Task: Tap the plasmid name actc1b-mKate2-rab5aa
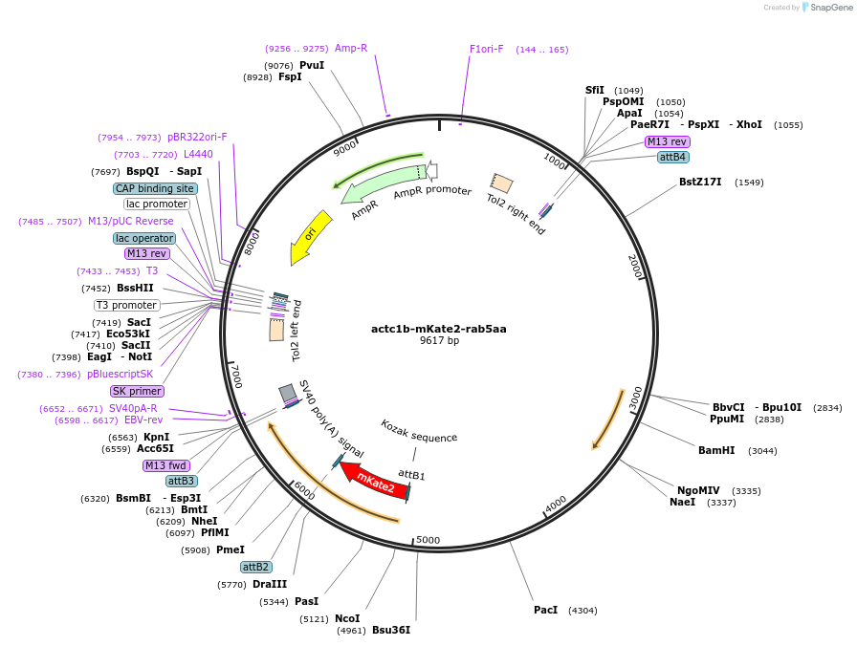439,329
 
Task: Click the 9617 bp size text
439,341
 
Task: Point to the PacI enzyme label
545,610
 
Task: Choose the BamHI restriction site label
716,450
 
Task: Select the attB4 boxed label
673,157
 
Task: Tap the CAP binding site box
155,188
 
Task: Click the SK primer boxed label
137,391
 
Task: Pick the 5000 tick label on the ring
428,540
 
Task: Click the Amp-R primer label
351,48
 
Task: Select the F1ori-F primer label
487,49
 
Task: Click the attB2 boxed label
256,567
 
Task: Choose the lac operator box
144,238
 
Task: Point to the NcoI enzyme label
347,618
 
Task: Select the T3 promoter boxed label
127,305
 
